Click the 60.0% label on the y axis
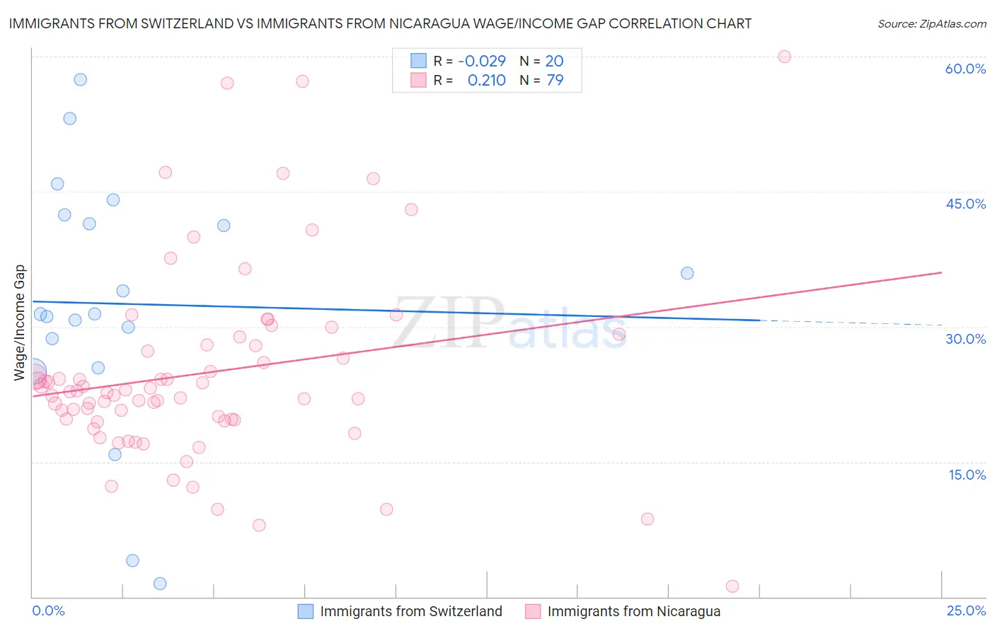(x=965, y=69)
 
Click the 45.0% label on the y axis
(x=965, y=204)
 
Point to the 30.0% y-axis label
(x=965, y=339)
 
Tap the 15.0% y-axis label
(x=967, y=475)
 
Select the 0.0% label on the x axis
(x=48, y=610)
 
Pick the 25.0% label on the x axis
(x=966, y=610)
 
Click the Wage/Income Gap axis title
(x=20, y=323)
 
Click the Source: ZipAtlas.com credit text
(x=931, y=24)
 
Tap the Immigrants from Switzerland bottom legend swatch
(x=306, y=611)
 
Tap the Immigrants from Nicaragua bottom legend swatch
(x=533, y=611)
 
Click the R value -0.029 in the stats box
(x=482, y=61)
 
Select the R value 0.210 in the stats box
(x=486, y=81)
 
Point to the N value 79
(x=555, y=81)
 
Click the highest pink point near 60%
(x=784, y=57)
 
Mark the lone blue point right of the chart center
(x=687, y=273)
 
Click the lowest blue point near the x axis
(x=160, y=584)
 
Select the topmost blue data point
(x=81, y=79)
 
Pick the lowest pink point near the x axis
(x=732, y=586)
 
